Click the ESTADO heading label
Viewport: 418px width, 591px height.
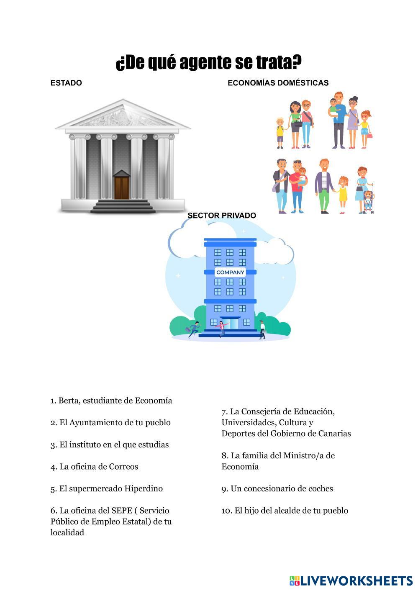tap(66, 83)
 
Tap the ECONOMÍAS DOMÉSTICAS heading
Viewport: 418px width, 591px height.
tap(278, 83)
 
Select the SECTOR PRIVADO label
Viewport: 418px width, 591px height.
tap(222, 216)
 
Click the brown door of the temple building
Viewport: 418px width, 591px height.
tap(122, 188)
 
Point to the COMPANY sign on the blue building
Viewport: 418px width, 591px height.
tap(230, 272)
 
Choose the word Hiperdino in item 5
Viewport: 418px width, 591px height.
tap(144, 489)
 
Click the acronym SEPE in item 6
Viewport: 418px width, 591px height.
tap(121, 511)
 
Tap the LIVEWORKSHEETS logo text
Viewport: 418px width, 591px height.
tap(356, 581)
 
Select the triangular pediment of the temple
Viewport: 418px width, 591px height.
tap(123, 115)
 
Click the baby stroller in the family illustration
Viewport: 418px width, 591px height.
tap(368, 203)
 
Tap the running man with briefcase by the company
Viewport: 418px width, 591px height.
tap(193, 329)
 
